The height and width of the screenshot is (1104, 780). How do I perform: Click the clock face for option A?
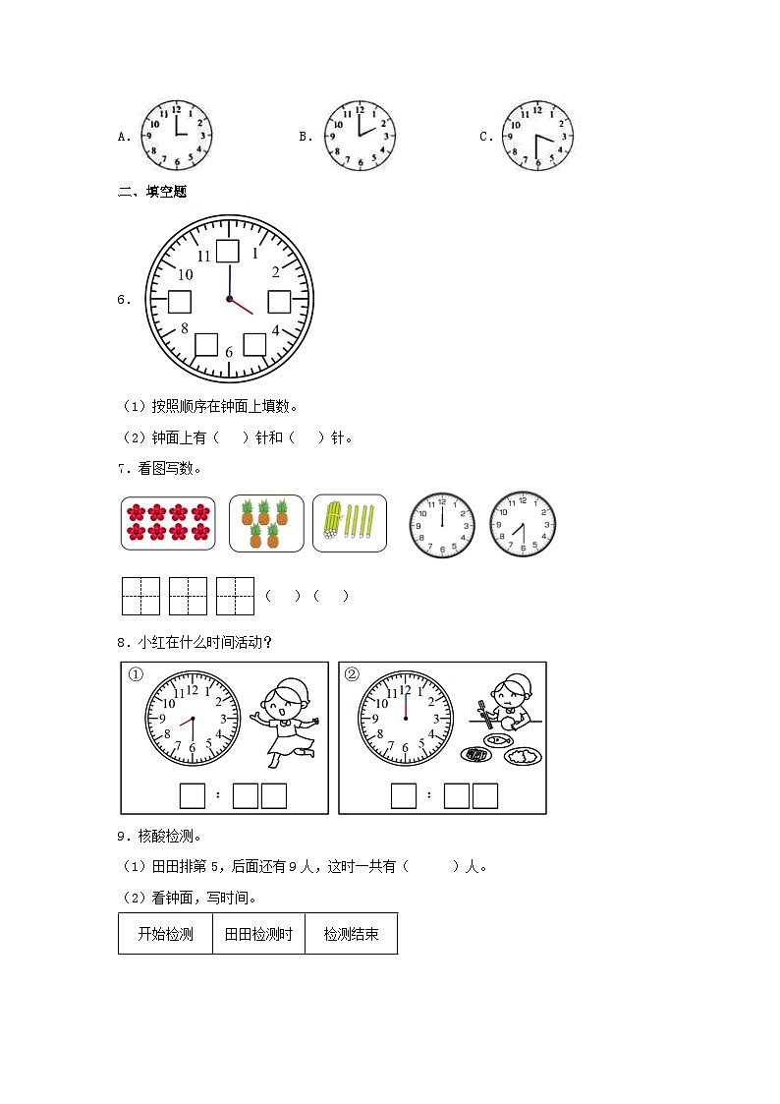coord(177,135)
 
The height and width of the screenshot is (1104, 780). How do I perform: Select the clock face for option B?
coord(359,135)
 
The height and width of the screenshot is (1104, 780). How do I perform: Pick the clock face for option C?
coord(537,135)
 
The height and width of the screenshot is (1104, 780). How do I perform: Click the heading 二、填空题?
coord(152,192)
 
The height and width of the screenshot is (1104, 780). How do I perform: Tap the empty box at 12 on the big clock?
coord(228,251)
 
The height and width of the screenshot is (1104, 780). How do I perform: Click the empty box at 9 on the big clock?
coord(180,301)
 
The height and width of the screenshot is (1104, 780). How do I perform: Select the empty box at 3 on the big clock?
coord(279,301)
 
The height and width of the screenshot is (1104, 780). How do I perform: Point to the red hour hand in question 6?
coord(242,307)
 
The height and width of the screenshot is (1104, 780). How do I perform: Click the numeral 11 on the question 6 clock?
coord(203,256)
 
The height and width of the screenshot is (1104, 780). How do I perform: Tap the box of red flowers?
coord(168,523)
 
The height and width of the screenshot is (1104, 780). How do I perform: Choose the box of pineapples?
coord(265,523)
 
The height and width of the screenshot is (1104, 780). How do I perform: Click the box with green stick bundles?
coord(349,523)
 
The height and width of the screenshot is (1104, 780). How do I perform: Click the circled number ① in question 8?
coord(136,675)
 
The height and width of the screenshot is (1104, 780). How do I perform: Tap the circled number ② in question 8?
coord(353,675)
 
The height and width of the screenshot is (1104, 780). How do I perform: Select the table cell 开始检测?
coord(165,934)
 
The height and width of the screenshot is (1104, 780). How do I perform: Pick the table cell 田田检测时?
coord(258,934)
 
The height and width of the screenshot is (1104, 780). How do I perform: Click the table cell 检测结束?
coord(351,934)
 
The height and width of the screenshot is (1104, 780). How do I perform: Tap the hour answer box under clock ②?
coord(404,795)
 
